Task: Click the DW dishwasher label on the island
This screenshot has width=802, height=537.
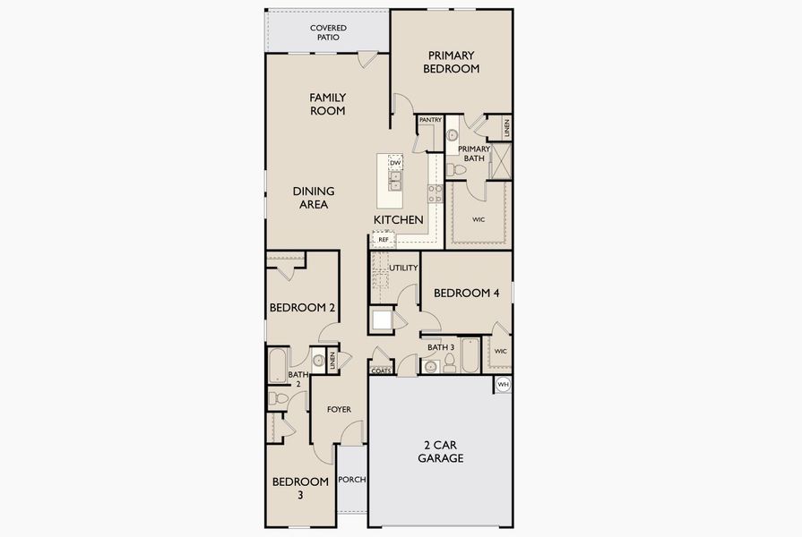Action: [x=394, y=162]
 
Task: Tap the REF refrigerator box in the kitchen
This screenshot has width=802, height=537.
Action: [x=384, y=240]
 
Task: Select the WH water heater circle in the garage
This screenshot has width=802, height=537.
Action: [x=503, y=384]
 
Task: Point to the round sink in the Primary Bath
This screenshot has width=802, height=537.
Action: [x=452, y=134]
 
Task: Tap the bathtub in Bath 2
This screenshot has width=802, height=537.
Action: [x=278, y=365]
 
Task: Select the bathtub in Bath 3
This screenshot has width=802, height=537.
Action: [x=470, y=355]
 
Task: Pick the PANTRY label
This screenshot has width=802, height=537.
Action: [x=430, y=120]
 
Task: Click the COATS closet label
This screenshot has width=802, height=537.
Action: [x=380, y=371]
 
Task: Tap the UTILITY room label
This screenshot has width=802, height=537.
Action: [x=403, y=268]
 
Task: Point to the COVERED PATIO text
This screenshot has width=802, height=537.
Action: [x=328, y=33]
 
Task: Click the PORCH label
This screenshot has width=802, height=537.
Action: [x=352, y=480]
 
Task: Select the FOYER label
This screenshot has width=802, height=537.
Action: [x=339, y=410]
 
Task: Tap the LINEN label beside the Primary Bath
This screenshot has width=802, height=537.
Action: [x=506, y=128]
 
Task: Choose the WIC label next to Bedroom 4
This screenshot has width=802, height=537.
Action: [x=500, y=351]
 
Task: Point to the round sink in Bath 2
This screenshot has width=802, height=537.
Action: [x=317, y=361]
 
